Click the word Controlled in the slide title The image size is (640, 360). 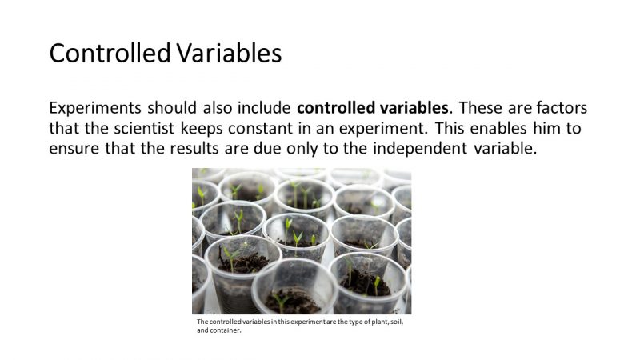(108, 53)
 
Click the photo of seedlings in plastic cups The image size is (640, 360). (302, 241)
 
